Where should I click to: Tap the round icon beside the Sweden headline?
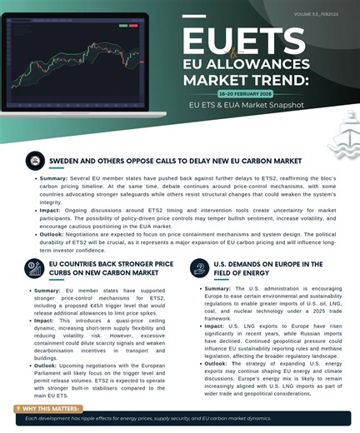(x=35, y=161)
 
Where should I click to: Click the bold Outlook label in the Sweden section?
(x=53, y=236)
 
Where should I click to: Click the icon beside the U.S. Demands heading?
(x=198, y=268)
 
